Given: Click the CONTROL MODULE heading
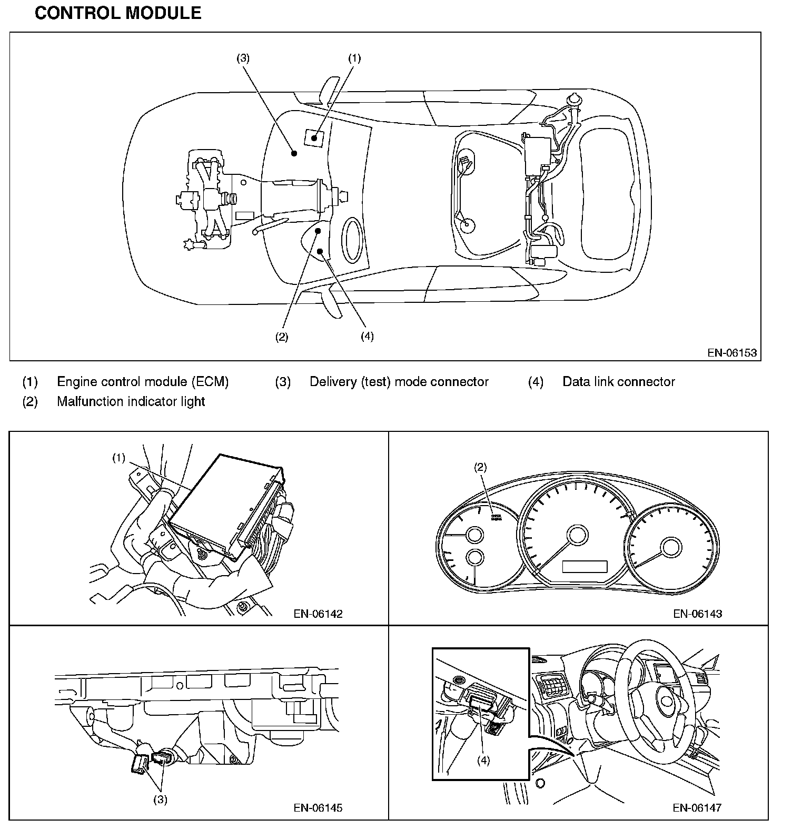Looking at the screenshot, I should tap(118, 13).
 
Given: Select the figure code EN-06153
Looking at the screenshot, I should tap(732, 352).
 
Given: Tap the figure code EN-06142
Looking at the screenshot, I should tap(318, 614).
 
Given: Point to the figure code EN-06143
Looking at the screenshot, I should tap(697, 614).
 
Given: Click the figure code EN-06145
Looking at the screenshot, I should tap(318, 807).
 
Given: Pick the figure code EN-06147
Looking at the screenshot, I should tap(697, 807).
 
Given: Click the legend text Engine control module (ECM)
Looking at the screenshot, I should tap(143, 382).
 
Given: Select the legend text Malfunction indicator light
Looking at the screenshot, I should tap(131, 401).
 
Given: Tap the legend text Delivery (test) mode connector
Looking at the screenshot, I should tap(399, 382).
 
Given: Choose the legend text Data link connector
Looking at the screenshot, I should tap(618, 382).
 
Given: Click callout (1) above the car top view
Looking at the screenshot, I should tap(354, 58).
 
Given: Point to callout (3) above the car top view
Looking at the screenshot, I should tap(243, 58).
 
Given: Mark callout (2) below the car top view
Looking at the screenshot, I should tap(282, 337).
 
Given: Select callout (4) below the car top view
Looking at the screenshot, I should tap(367, 336).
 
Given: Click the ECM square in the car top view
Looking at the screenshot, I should tap(314, 137).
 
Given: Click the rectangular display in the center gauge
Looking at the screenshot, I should tap(585, 567).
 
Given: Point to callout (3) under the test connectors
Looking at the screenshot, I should tap(160, 799).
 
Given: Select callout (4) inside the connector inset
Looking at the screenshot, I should tap(483, 761).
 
